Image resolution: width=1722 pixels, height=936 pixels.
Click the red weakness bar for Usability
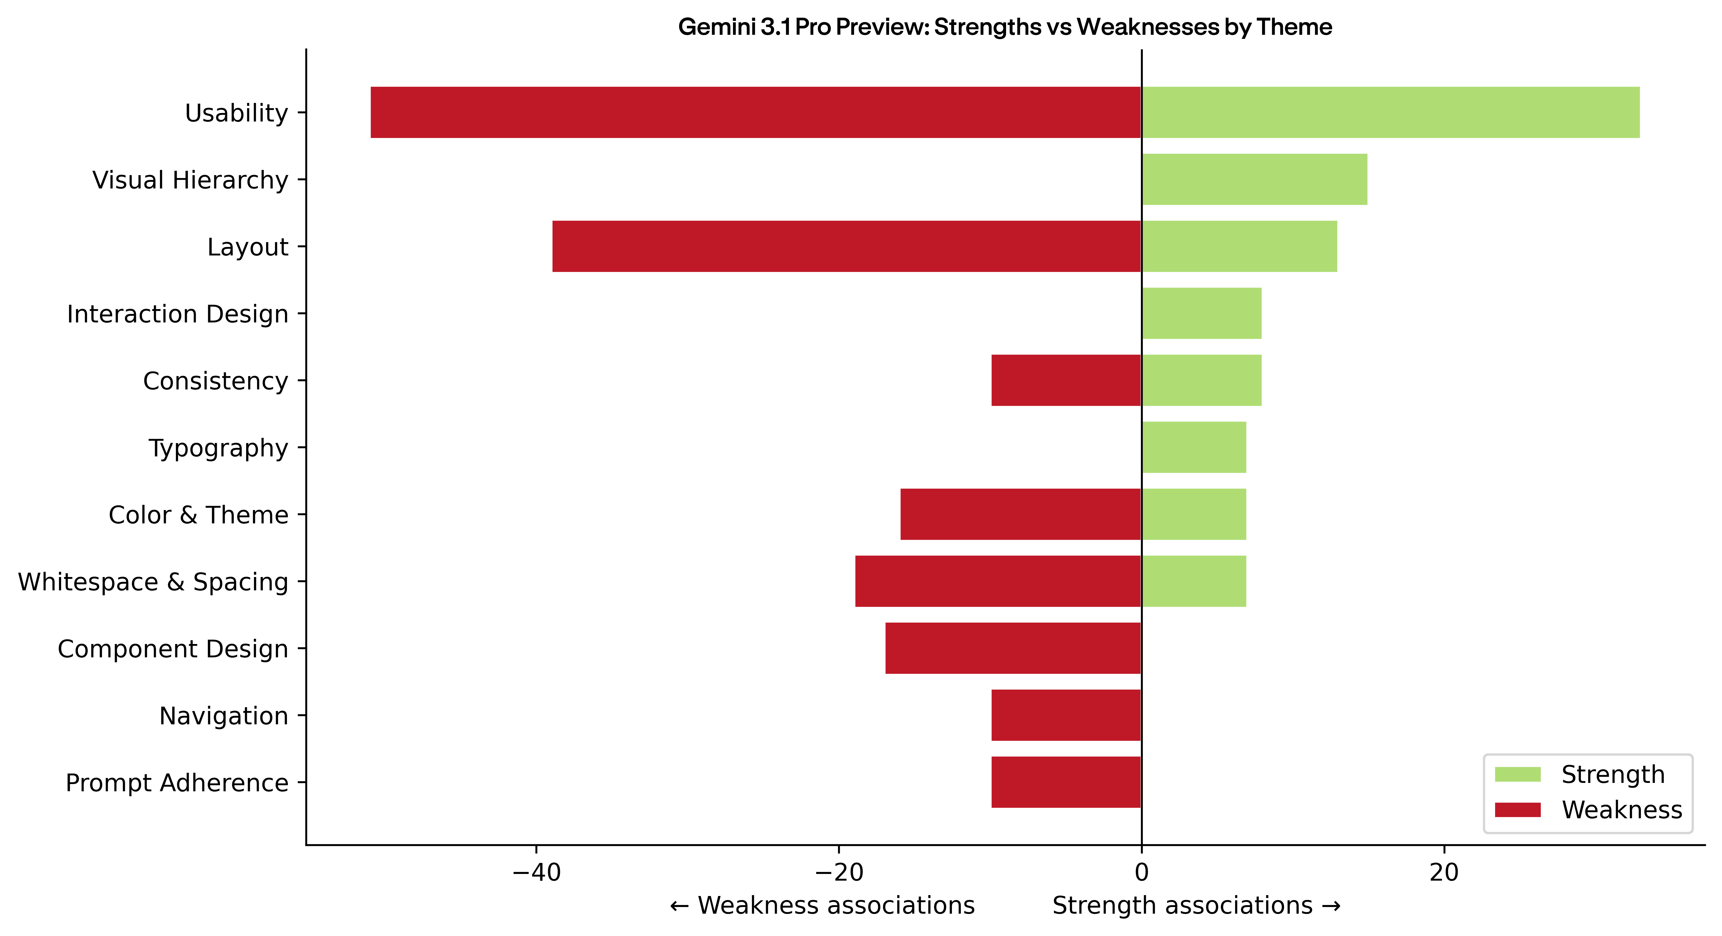(755, 112)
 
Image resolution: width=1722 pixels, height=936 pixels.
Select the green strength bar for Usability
(1390, 112)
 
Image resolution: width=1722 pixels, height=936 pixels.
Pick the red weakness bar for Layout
(846, 246)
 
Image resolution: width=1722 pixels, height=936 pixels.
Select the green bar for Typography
(1194, 447)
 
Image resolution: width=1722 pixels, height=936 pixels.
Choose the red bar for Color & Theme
(1021, 514)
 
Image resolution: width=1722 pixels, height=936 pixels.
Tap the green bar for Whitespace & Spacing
(1194, 581)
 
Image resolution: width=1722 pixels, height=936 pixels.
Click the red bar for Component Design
(1013, 648)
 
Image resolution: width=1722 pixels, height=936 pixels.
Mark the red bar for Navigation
(1066, 715)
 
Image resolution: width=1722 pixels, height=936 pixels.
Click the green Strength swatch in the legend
(1517, 774)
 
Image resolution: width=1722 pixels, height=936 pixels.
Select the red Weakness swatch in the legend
(1517, 810)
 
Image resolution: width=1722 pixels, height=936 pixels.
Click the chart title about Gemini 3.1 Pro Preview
(1005, 27)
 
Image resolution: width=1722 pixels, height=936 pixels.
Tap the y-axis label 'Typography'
(218, 447)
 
